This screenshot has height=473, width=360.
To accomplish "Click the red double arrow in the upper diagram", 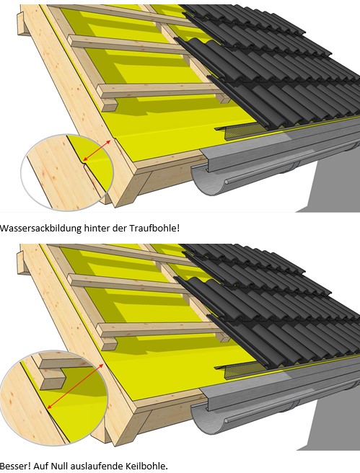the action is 97,150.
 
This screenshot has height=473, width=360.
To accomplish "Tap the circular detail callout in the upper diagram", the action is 66,172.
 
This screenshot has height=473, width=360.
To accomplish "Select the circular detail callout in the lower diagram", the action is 53,398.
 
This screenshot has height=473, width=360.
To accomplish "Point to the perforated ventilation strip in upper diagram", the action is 242,131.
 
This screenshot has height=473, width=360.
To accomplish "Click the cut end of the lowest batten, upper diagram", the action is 109,105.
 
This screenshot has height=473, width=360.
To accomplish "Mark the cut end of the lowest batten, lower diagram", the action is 109,344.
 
